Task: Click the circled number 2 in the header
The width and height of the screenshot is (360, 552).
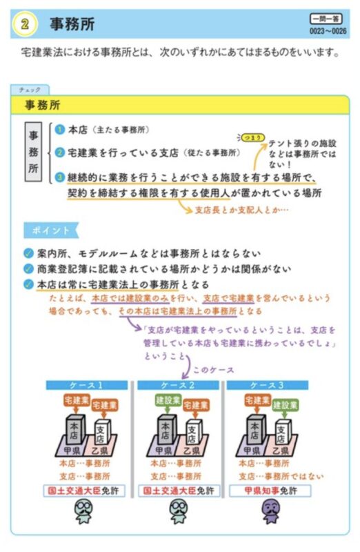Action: (x=25, y=24)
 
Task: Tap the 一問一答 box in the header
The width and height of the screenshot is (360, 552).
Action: (x=326, y=19)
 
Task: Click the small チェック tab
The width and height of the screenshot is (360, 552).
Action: (x=30, y=90)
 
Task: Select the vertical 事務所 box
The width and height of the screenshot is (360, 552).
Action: (x=33, y=152)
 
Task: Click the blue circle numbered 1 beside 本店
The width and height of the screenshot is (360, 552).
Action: (x=60, y=130)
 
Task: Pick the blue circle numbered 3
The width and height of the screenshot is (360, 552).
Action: (x=60, y=177)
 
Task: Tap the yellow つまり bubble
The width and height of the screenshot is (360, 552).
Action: (x=252, y=137)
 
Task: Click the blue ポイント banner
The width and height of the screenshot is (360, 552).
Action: (x=51, y=230)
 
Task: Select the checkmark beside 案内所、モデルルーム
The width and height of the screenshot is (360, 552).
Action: (x=28, y=253)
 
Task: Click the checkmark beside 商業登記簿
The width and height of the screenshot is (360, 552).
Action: (x=28, y=268)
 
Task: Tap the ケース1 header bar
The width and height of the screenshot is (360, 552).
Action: (x=87, y=385)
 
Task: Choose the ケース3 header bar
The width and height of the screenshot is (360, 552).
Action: (x=267, y=385)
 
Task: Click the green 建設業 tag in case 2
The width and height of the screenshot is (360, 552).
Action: (x=168, y=401)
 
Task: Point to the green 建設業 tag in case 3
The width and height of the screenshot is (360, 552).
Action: (x=285, y=406)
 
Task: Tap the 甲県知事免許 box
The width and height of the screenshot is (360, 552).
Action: (x=270, y=491)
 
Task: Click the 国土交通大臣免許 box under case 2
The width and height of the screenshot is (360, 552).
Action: (x=179, y=491)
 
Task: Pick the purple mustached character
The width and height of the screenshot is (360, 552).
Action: (x=271, y=511)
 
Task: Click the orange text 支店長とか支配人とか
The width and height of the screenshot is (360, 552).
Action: (x=241, y=210)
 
